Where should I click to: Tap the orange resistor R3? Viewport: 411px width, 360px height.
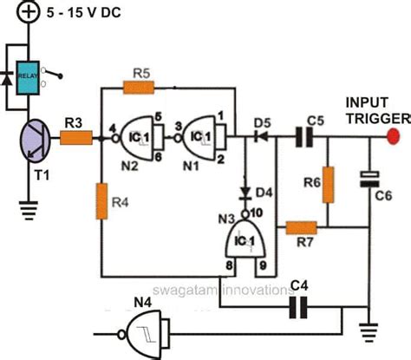click(x=75, y=136)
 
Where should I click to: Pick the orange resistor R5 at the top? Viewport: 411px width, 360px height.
click(x=140, y=87)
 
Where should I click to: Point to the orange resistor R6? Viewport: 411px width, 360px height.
click(x=327, y=184)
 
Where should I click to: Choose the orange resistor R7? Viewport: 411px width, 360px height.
click(x=301, y=228)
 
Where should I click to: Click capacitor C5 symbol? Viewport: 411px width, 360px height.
click(x=301, y=136)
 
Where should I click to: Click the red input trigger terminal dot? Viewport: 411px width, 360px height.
click(x=393, y=136)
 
